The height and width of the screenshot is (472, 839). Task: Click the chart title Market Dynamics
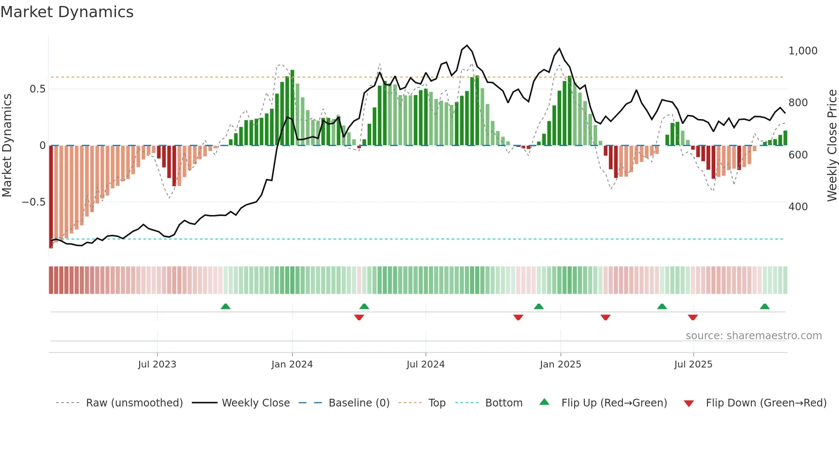tap(67, 12)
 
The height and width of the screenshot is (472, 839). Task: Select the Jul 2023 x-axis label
tap(157, 364)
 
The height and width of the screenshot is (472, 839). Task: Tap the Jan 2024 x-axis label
tap(292, 364)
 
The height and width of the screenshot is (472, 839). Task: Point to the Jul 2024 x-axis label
tap(425, 364)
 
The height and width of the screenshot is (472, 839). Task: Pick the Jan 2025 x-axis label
tap(560, 364)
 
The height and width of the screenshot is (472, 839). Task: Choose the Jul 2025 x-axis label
tap(693, 364)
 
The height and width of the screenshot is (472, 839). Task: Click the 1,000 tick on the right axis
tap(803, 51)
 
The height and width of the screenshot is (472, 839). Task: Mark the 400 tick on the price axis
tap(798, 207)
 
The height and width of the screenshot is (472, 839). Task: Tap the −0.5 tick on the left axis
tap(34, 202)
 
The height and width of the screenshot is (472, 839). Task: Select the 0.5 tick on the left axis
tap(37, 89)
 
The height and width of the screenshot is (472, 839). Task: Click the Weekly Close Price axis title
tap(832, 145)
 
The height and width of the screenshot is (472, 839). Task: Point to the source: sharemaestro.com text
tap(753, 336)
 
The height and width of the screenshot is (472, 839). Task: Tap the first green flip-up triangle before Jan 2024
tap(226, 306)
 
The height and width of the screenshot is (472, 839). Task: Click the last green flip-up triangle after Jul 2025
tap(765, 306)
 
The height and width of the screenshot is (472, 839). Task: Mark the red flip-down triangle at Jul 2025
tap(693, 317)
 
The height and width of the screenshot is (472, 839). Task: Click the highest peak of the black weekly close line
tap(467, 45)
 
